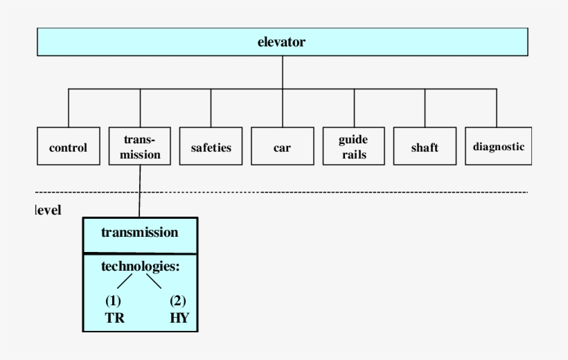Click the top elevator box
pos(282,42)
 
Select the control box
pos(68,147)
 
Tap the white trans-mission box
pos(139,147)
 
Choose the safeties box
pos(211,147)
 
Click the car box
pos(282,147)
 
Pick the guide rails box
pos(353,147)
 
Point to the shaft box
pos(425,147)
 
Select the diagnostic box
pos(497,146)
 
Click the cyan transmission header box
pos(140,233)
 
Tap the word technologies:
pos(141,266)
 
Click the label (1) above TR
pos(114,301)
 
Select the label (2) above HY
pos(179,301)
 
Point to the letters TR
pos(114,320)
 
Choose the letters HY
pos(179,320)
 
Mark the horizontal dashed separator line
pos(312,192)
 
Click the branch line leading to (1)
pos(124,280)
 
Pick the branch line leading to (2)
pos(154,280)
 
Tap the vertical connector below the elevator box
pos(283,73)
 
